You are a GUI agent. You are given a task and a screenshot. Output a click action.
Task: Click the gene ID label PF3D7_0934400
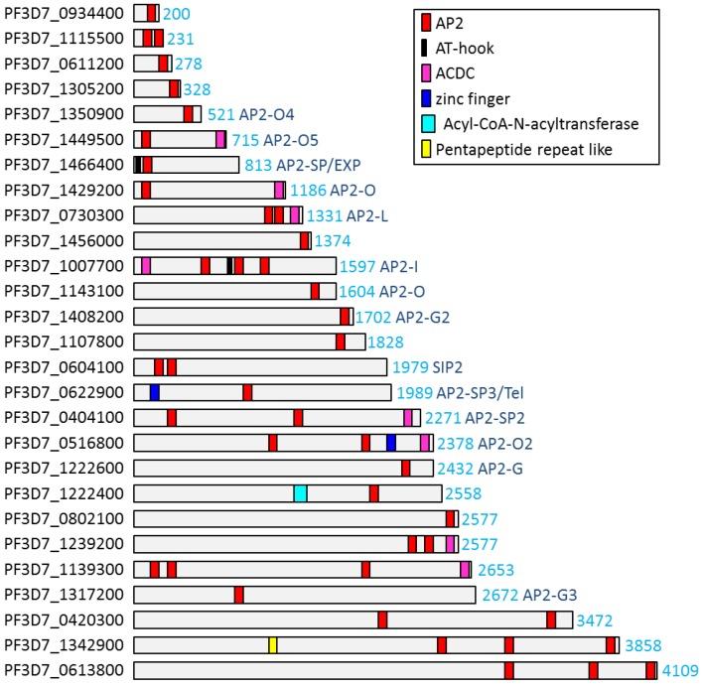tap(65, 13)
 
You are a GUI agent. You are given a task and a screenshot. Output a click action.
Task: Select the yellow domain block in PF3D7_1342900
tap(272, 645)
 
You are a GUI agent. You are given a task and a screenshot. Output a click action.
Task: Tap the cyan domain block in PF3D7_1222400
tap(300, 493)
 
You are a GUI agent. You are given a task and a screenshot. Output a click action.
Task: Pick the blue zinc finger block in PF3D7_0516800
tap(390, 443)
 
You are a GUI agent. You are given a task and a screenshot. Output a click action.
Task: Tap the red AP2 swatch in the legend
tap(425, 22)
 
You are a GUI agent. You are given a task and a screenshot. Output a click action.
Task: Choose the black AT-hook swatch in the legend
tap(425, 48)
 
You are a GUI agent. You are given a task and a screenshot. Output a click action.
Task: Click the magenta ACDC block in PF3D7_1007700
tap(146, 265)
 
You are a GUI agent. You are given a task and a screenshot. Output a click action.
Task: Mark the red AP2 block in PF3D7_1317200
tap(239, 595)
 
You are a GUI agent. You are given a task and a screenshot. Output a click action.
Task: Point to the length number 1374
tap(332, 240)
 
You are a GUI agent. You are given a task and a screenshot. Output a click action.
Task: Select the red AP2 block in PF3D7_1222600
tap(405, 468)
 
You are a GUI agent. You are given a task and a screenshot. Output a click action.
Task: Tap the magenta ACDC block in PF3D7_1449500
tap(220, 139)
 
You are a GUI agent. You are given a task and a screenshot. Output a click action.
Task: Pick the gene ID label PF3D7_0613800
tap(65, 670)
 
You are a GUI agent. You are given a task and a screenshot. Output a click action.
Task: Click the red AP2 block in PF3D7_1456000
tap(305, 240)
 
